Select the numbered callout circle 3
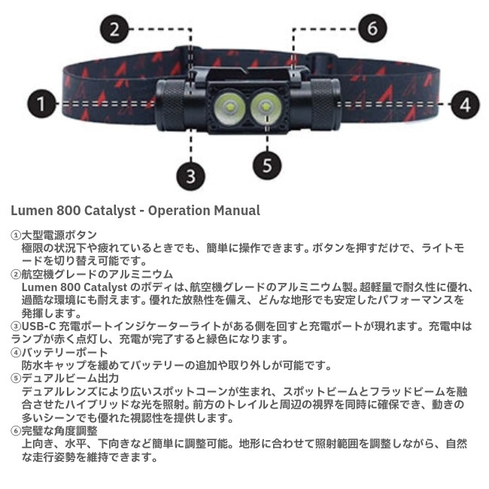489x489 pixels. [191, 176]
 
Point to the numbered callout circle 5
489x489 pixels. [266, 163]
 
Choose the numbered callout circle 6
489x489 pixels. [372, 29]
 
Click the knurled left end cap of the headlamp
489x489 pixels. [172, 105]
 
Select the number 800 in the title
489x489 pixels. [65, 211]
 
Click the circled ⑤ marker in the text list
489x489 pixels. [15, 379]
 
